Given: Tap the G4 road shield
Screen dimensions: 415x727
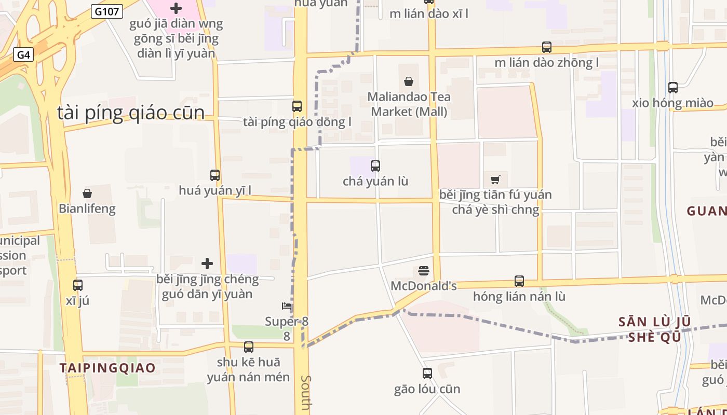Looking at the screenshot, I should pyautogui.click(x=23, y=55).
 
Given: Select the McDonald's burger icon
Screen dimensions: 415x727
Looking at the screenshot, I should pyautogui.click(x=424, y=271).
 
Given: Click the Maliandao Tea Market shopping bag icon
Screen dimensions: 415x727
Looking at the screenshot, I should pyautogui.click(x=409, y=81).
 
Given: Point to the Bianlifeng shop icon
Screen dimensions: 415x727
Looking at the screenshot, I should pyautogui.click(x=87, y=194).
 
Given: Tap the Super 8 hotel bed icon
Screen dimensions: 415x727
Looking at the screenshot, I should pyautogui.click(x=286, y=306).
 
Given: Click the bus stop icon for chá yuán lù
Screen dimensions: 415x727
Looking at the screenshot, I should pyautogui.click(x=375, y=166).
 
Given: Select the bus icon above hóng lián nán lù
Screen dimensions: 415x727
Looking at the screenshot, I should pyautogui.click(x=519, y=281).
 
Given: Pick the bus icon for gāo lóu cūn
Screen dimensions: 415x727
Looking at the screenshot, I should pyautogui.click(x=427, y=373).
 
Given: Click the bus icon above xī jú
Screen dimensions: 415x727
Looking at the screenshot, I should pyautogui.click(x=78, y=285).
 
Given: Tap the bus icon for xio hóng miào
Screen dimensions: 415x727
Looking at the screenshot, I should pyautogui.click(x=673, y=87).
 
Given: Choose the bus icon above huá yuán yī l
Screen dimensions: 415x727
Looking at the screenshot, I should pyautogui.click(x=215, y=175).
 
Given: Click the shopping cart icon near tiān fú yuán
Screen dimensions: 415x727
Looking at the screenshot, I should pyautogui.click(x=495, y=179).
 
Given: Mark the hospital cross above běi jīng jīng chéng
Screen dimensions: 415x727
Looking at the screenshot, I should pyautogui.click(x=207, y=264).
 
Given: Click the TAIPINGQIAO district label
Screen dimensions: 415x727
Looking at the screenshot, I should pyautogui.click(x=107, y=368).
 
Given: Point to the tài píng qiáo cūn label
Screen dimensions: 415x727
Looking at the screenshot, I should pyautogui.click(x=131, y=113).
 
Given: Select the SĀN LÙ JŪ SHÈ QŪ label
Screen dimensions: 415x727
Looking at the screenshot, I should pyautogui.click(x=654, y=329).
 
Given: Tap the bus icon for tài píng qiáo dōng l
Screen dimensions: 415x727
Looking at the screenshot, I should pyautogui.click(x=297, y=106).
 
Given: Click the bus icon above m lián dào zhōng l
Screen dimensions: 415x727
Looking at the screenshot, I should pyautogui.click(x=547, y=47).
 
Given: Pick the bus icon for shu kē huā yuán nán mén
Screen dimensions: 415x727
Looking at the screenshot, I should pyautogui.click(x=249, y=347).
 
